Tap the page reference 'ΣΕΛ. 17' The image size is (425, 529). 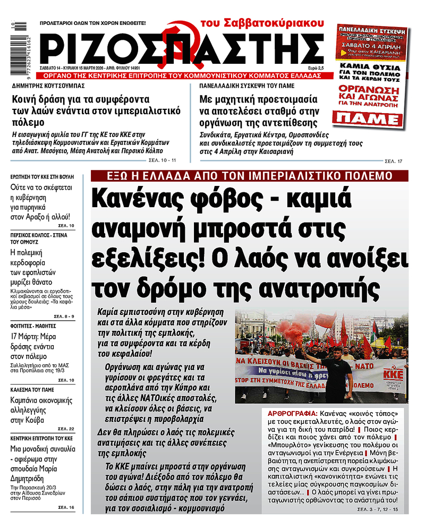point(392,160)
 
